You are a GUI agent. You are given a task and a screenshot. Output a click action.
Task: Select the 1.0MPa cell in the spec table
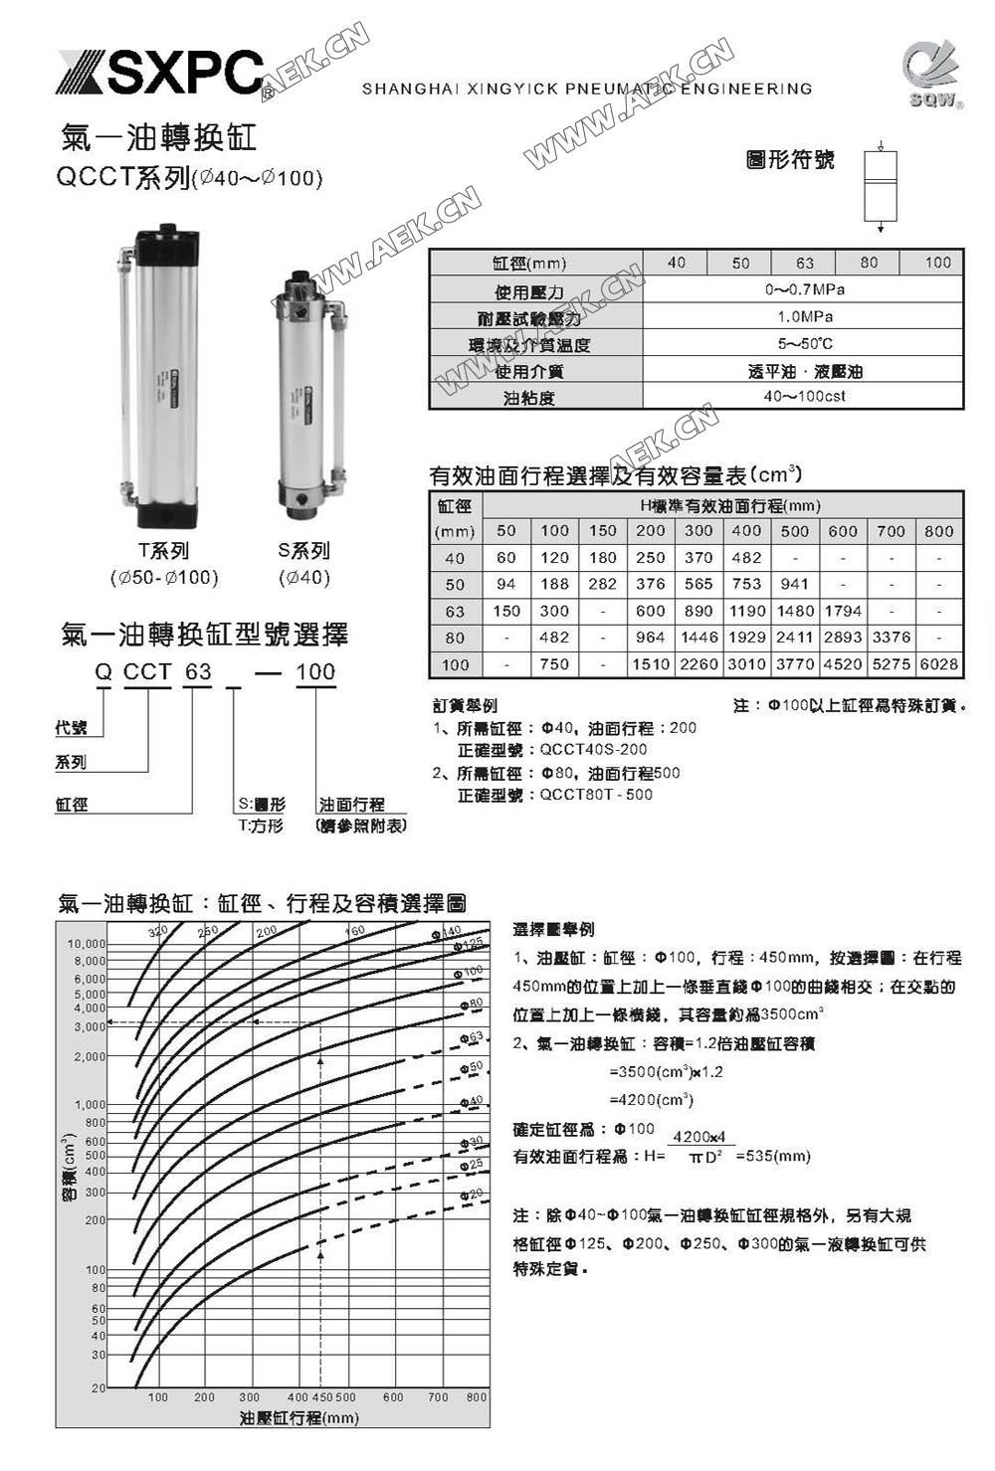pyautogui.click(x=804, y=316)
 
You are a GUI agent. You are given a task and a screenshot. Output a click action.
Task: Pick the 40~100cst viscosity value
pyautogui.click(x=804, y=396)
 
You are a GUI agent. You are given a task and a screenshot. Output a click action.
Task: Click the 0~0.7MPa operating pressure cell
pyautogui.click(x=804, y=289)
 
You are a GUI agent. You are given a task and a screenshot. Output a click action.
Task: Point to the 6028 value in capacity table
pyautogui.click(x=938, y=663)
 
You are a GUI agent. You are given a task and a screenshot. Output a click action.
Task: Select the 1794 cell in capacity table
pyautogui.click(x=842, y=611)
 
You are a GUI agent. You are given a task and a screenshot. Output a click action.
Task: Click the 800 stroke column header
pyautogui.click(x=938, y=531)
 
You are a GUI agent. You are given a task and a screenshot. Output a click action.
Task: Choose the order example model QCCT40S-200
pyautogui.click(x=593, y=750)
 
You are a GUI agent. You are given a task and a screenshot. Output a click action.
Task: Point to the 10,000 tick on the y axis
pyautogui.click(x=87, y=943)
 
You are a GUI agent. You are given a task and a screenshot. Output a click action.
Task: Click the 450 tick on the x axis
pyautogui.click(x=321, y=1396)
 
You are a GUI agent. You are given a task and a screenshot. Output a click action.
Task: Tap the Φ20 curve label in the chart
pyautogui.click(x=472, y=1194)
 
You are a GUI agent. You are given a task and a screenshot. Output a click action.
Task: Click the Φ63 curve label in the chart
pyautogui.click(x=472, y=1037)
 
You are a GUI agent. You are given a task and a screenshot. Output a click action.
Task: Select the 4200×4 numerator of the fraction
pyautogui.click(x=699, y=1137)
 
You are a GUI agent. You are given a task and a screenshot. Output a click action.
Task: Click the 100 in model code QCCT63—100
pyautogui.click(x=315, y=672)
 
